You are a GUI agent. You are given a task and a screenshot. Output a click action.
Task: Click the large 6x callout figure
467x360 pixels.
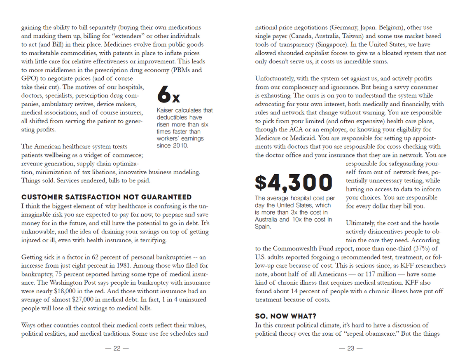[x=168, y=94]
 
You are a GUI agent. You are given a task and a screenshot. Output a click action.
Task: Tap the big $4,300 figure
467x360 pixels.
[x=293, y=183]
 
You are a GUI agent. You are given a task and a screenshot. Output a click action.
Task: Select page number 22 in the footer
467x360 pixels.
[x=117, y=348]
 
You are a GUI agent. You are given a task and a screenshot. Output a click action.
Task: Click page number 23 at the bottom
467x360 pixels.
[x=350, y=348]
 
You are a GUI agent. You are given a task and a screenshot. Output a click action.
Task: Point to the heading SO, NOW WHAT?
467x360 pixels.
[x=285, y=316]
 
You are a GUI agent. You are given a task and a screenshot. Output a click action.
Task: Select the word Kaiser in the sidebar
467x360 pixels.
[x=166, y=110]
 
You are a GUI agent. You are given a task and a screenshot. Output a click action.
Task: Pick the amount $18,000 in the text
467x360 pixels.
[x=66, y=291]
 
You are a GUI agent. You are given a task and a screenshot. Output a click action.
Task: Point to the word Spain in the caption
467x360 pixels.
[x=263, y=227]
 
